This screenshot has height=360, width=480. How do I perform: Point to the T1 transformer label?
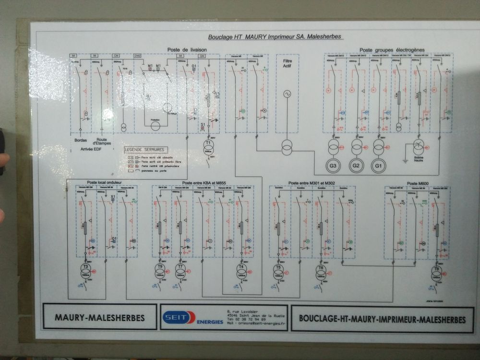pos(208,144)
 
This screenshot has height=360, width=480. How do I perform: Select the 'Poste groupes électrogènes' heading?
pos(392,50)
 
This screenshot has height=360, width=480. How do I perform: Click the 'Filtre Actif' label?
pos(288,64)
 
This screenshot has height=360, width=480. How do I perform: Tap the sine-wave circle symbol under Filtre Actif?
pos(288,94)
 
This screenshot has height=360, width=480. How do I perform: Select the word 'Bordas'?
pos(81,141)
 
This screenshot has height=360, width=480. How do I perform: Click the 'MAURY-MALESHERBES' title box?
pos(100,317)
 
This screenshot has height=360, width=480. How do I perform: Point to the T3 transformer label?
pos(86,266)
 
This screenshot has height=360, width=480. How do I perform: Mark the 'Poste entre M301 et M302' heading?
pos(312,183)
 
